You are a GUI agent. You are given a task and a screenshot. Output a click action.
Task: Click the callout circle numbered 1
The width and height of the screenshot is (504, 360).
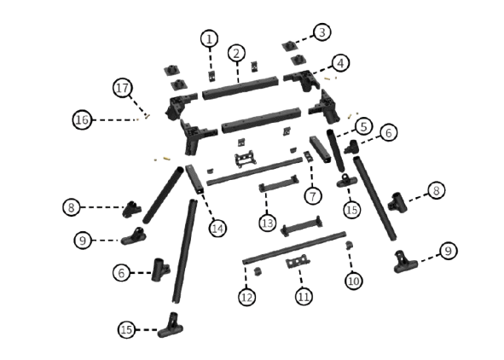pos(209,39)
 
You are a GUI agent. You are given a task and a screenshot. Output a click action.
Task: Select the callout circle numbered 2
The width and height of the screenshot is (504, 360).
pos(236,54)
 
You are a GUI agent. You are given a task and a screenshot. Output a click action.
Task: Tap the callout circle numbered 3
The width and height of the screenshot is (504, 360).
pos(322,32)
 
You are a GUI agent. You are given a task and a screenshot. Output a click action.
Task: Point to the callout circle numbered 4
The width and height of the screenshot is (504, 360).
pos(340,63)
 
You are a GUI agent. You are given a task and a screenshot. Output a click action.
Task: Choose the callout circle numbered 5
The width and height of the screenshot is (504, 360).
pos(363,126)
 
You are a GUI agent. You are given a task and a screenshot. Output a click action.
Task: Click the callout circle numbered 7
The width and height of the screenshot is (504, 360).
pos(313,195)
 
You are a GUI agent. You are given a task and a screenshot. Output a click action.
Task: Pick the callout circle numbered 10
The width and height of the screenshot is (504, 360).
pos(354,281)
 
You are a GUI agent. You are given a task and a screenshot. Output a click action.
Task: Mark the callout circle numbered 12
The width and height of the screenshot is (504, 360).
pos(246,298)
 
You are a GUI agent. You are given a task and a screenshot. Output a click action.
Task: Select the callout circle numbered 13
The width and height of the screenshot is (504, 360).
pos(268,223)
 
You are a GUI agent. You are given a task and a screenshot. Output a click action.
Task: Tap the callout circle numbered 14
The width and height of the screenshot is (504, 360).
pos(217,229)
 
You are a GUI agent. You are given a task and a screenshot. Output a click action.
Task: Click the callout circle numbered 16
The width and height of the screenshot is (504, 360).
pos(82,120)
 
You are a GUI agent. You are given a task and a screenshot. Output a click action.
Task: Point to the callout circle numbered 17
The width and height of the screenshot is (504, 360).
pos(123,88)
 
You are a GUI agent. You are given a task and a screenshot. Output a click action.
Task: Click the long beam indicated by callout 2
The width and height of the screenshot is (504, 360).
pos(240,89)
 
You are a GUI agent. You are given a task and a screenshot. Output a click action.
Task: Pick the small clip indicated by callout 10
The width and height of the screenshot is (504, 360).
pos(349,245)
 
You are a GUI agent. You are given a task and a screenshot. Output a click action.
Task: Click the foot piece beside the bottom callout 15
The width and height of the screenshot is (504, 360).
pos(171,326)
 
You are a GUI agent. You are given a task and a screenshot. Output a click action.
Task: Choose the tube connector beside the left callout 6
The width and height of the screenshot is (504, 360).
pos(160,270)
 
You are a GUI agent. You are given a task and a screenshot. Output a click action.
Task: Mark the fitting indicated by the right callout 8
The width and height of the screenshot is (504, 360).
pos(397,202)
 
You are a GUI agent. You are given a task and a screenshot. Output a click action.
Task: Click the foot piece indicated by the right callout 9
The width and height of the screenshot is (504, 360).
pos(405,262)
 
